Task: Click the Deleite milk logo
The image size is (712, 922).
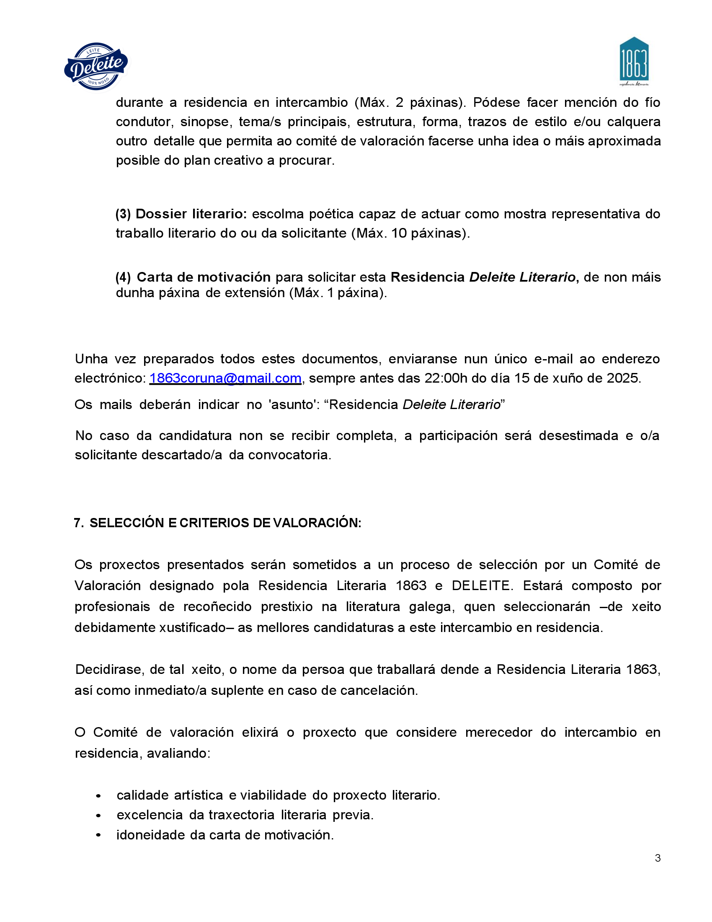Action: click(96, 66)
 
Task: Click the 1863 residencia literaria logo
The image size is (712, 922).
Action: click(634, 61)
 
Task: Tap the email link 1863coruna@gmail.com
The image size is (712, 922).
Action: click(225, 378)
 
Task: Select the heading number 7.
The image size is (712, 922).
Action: click(77, 523)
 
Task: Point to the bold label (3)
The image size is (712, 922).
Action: click(123, 214)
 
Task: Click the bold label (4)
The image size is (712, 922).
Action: click(123, 277)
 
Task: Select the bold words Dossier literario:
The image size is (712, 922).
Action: click(191, 214)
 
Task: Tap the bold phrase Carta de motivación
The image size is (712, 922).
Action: click(204, 277)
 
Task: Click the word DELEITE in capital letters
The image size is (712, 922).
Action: click(481, 586)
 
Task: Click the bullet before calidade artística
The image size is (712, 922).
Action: click(98, 796)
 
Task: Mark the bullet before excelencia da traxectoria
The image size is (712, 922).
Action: click(98, 816)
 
